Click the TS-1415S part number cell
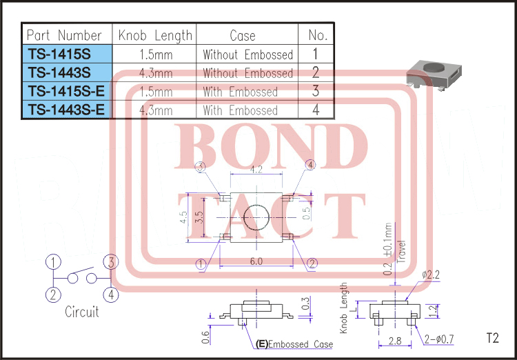[66, 54]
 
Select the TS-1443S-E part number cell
[66, 110]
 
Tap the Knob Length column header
[154, 35]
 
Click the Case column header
[243, 35]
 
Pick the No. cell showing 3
[315, 92]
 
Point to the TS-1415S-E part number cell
[66, 92]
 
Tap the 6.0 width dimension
[256, 261]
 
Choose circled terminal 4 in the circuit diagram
[112, 294]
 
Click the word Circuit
[82, 312]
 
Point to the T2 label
[491, 339]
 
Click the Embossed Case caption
[295, 344]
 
